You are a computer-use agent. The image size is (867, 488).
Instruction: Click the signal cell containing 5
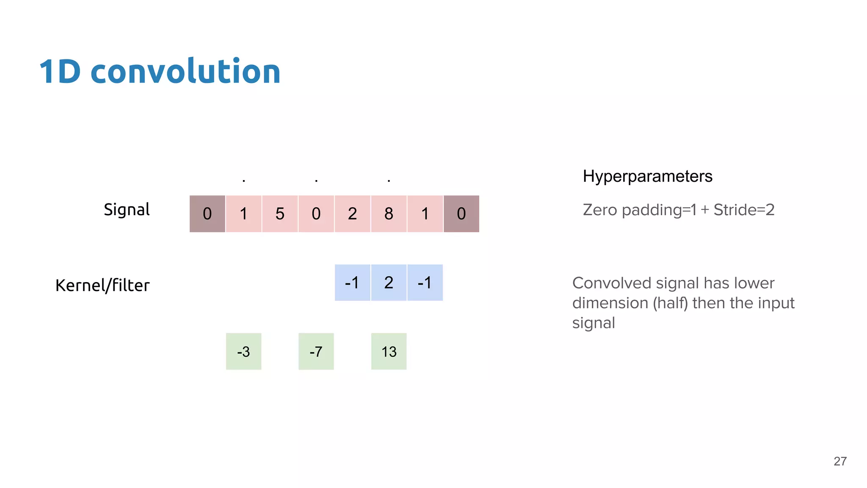[280, 214]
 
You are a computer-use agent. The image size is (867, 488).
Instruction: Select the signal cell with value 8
[389, 214]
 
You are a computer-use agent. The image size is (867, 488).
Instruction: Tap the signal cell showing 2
[352, 214]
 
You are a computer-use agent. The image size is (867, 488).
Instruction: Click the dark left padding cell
[207, 214]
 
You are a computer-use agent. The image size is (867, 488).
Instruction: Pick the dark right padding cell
[461, 214]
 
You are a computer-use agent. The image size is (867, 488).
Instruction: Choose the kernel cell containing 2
[389, 283]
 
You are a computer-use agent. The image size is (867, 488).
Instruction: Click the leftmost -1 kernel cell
[352, 283]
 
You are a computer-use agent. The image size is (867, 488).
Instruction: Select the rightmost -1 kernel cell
[425, 283]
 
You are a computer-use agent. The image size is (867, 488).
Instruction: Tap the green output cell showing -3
[243, 352]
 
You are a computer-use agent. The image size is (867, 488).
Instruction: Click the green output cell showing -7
[316, 352]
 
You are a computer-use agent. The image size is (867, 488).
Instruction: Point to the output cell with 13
[389, 352]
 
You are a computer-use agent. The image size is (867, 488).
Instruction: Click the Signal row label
[127, 210]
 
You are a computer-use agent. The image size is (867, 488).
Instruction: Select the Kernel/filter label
[102, 286]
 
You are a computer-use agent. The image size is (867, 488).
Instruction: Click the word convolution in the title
[185, 71]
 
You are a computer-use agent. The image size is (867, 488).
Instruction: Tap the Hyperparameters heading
[647, 176]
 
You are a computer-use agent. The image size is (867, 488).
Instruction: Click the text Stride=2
[744, 210]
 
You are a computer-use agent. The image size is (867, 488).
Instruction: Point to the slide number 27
[840, 461]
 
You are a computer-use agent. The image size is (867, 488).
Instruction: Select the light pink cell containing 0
[316, 214]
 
